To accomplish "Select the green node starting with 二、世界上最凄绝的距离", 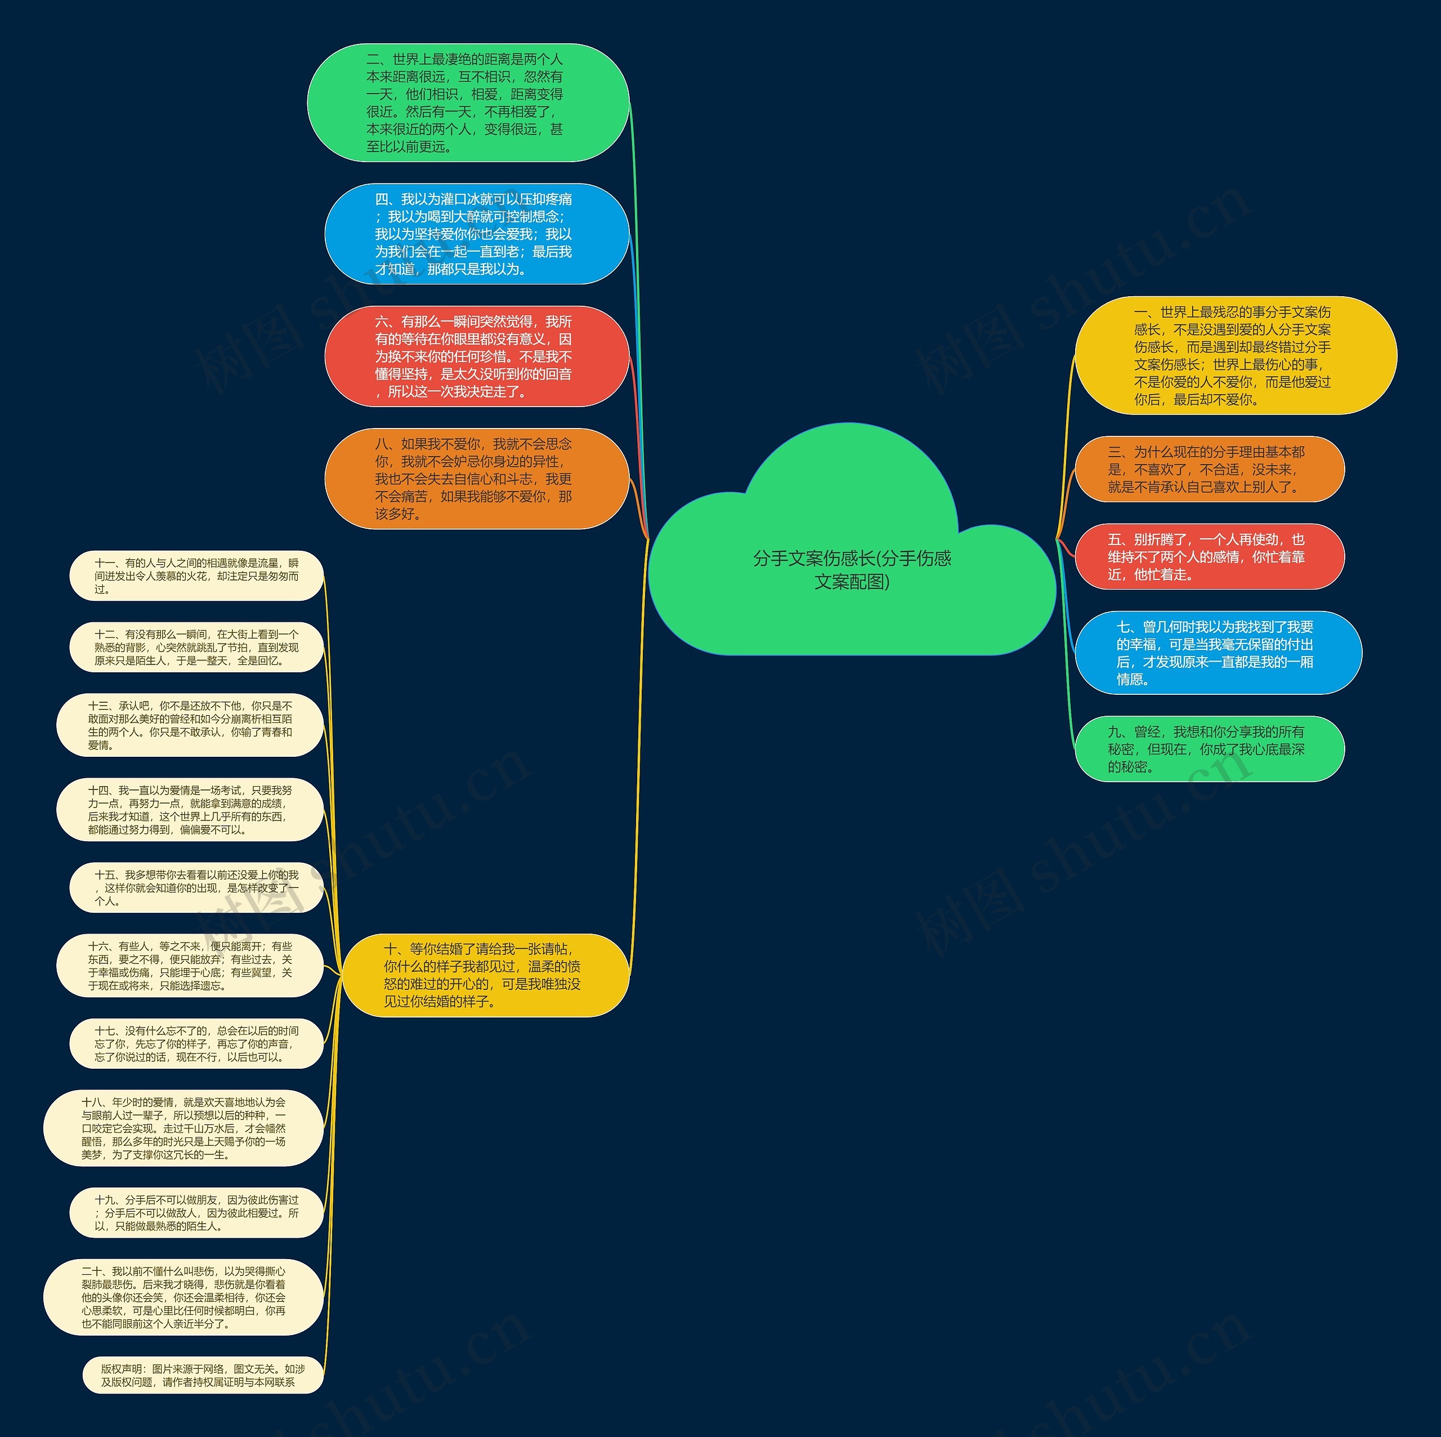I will point(468,103).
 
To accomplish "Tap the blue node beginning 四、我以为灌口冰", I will point(477,234).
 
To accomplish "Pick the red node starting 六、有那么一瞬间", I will point(477,356).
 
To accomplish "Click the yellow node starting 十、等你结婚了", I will point(485,975).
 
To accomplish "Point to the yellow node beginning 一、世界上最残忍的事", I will point(1235,356).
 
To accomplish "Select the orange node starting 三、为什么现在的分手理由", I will point(1209,469).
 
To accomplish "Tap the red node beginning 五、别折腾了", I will point(1209,556).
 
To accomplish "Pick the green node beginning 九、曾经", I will point(1209,749).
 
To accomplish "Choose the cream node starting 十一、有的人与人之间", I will point(196,576).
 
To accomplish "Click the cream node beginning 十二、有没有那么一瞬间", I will point(196,648).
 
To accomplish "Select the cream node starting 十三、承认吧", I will point(190,725).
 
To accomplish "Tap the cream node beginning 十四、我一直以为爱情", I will point(190,810).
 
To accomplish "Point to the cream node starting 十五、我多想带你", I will point(196,888).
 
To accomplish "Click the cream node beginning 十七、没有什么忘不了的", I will point(196,1044).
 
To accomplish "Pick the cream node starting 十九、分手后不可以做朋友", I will point(196,1213).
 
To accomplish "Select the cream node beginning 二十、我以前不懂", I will point(184,1297).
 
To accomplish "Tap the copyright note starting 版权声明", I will point(203,1376).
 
